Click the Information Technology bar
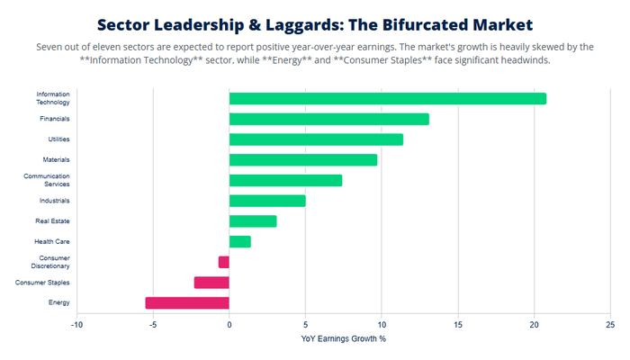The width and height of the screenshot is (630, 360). [x=387, y=98]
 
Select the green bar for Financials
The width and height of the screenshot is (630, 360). [x=328, y=119]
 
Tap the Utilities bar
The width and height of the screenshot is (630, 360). [x=316, y=139]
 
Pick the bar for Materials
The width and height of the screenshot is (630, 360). [x=303, y=159]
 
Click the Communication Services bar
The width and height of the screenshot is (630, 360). [x=285, y=180]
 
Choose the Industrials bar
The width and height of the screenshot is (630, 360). [x=267, y=201]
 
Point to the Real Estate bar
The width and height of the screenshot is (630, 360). [x=253, y=220]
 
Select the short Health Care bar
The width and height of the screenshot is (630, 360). [x=240, y=241]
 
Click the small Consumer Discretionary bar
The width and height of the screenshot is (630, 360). [x=224, y=262]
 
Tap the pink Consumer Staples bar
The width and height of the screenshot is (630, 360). [x=211, y=283]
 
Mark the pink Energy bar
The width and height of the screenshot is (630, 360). [x=187, y=303]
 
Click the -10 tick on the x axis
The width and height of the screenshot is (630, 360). [x=76, y=324]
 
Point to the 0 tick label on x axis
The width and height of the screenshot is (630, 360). [x=229, y=324]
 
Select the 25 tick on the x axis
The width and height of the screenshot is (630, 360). [x=610, y=324]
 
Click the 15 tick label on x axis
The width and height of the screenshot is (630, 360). [x=458, y=324]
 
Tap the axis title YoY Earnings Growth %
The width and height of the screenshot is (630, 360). [x=343, y=338]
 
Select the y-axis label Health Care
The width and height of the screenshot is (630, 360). [x=52, y=241]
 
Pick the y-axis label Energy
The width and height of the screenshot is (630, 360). [x=59, y=303]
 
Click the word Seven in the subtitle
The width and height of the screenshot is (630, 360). [x=48, y=46]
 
